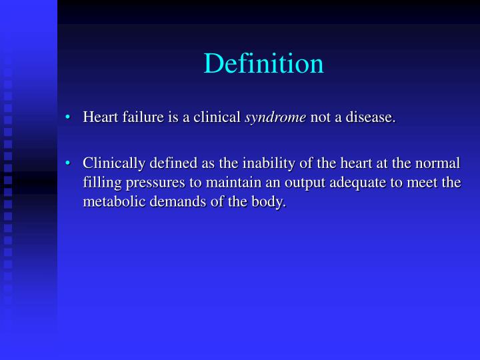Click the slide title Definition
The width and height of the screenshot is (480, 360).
(x=263, y=63)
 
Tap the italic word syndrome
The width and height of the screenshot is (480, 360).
(x=275, y=118)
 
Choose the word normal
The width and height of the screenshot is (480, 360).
(x=439, y=164)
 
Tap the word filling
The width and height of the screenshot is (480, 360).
(x=99, y=183)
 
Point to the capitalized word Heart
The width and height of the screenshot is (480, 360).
(x=97, y=118)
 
